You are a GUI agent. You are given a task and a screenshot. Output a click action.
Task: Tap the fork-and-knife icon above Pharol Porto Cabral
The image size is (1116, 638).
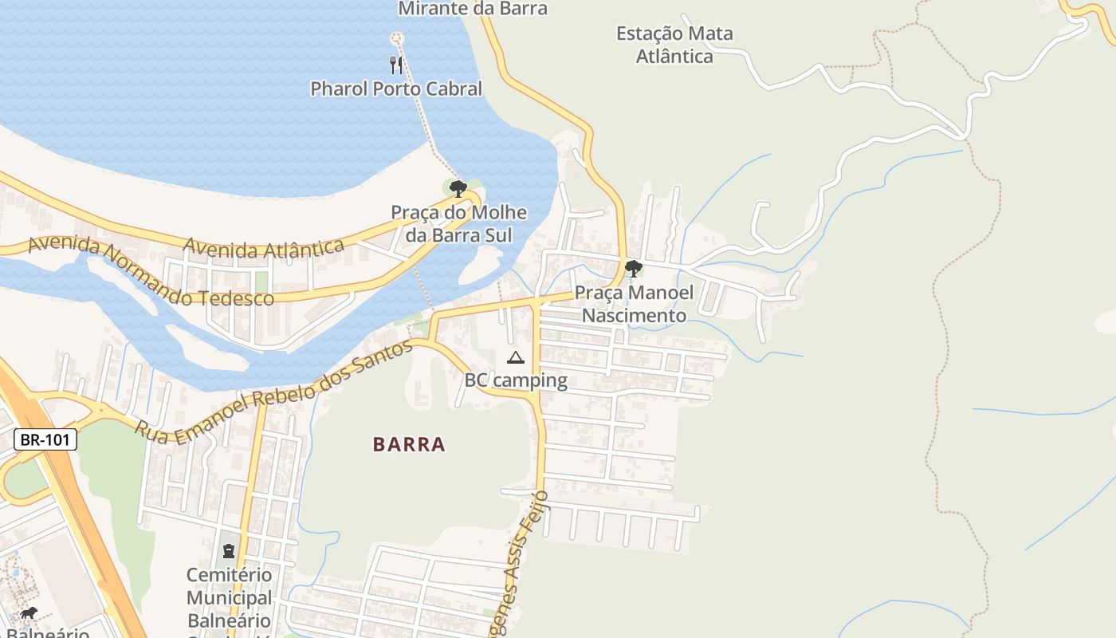tap(396, 65)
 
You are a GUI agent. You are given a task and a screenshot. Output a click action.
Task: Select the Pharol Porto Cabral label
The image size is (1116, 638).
tap(396, 89)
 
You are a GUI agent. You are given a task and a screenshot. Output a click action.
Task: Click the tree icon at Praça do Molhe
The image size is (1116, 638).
tap(458, 189)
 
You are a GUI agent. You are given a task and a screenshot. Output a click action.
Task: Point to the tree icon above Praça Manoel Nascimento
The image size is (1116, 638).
tap(634, 268)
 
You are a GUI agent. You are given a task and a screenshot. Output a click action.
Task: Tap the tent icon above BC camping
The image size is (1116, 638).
tap(515, 358)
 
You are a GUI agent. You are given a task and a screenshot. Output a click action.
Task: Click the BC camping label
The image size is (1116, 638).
tap(516, 380)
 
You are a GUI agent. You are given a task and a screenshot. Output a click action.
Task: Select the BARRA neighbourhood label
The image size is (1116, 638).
tap(409, 444)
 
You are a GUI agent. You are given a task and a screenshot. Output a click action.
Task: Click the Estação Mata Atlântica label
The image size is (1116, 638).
tap(674, 45)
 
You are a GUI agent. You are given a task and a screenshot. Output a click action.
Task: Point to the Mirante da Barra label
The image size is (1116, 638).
tap(473, 9)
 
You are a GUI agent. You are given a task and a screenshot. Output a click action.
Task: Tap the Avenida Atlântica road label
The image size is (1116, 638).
tap(263, 248)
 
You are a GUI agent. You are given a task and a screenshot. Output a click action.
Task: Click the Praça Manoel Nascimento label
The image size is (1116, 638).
tap(634, 304)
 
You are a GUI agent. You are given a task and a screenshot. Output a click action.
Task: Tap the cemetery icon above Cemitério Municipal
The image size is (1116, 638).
tap(229, 551)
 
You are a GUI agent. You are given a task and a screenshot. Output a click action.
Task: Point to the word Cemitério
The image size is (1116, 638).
tap(229, 575)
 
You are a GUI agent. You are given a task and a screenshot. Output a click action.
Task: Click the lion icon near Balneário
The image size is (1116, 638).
tap(29, 612)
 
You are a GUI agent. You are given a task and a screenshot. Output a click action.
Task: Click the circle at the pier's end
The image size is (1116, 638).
tap(396, 38)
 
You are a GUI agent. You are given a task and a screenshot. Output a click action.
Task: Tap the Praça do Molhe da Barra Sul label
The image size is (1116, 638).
tap(458, 224)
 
